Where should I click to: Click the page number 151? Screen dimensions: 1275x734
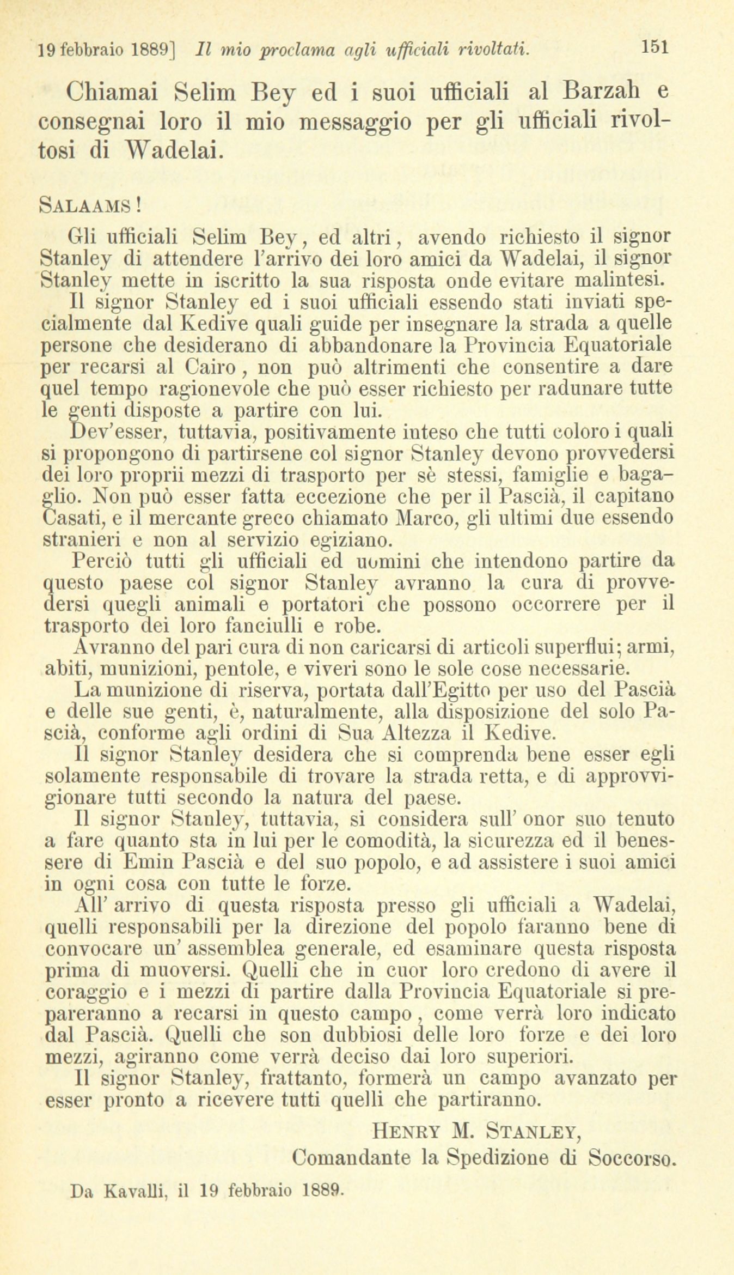pos(655,47)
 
